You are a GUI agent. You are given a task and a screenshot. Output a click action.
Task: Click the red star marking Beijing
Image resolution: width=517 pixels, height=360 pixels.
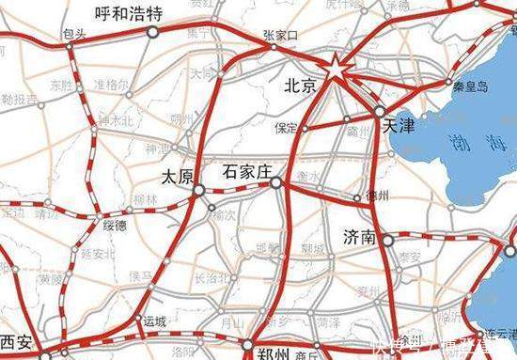click(x=335, y=67)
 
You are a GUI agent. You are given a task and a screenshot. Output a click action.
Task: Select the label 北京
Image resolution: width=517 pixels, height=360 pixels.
click(x=303, y=86)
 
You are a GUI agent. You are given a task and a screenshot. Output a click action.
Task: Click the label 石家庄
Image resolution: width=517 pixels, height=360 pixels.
click(x=246, y=172)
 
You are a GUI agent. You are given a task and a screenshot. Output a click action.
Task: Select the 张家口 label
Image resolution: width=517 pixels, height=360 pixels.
click(x=279, y=33)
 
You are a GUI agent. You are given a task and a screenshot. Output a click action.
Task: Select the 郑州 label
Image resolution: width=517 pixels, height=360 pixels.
click(x=274, y=353)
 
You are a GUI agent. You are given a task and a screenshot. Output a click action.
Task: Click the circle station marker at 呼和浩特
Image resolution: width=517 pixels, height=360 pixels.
click(x=152, y=32)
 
